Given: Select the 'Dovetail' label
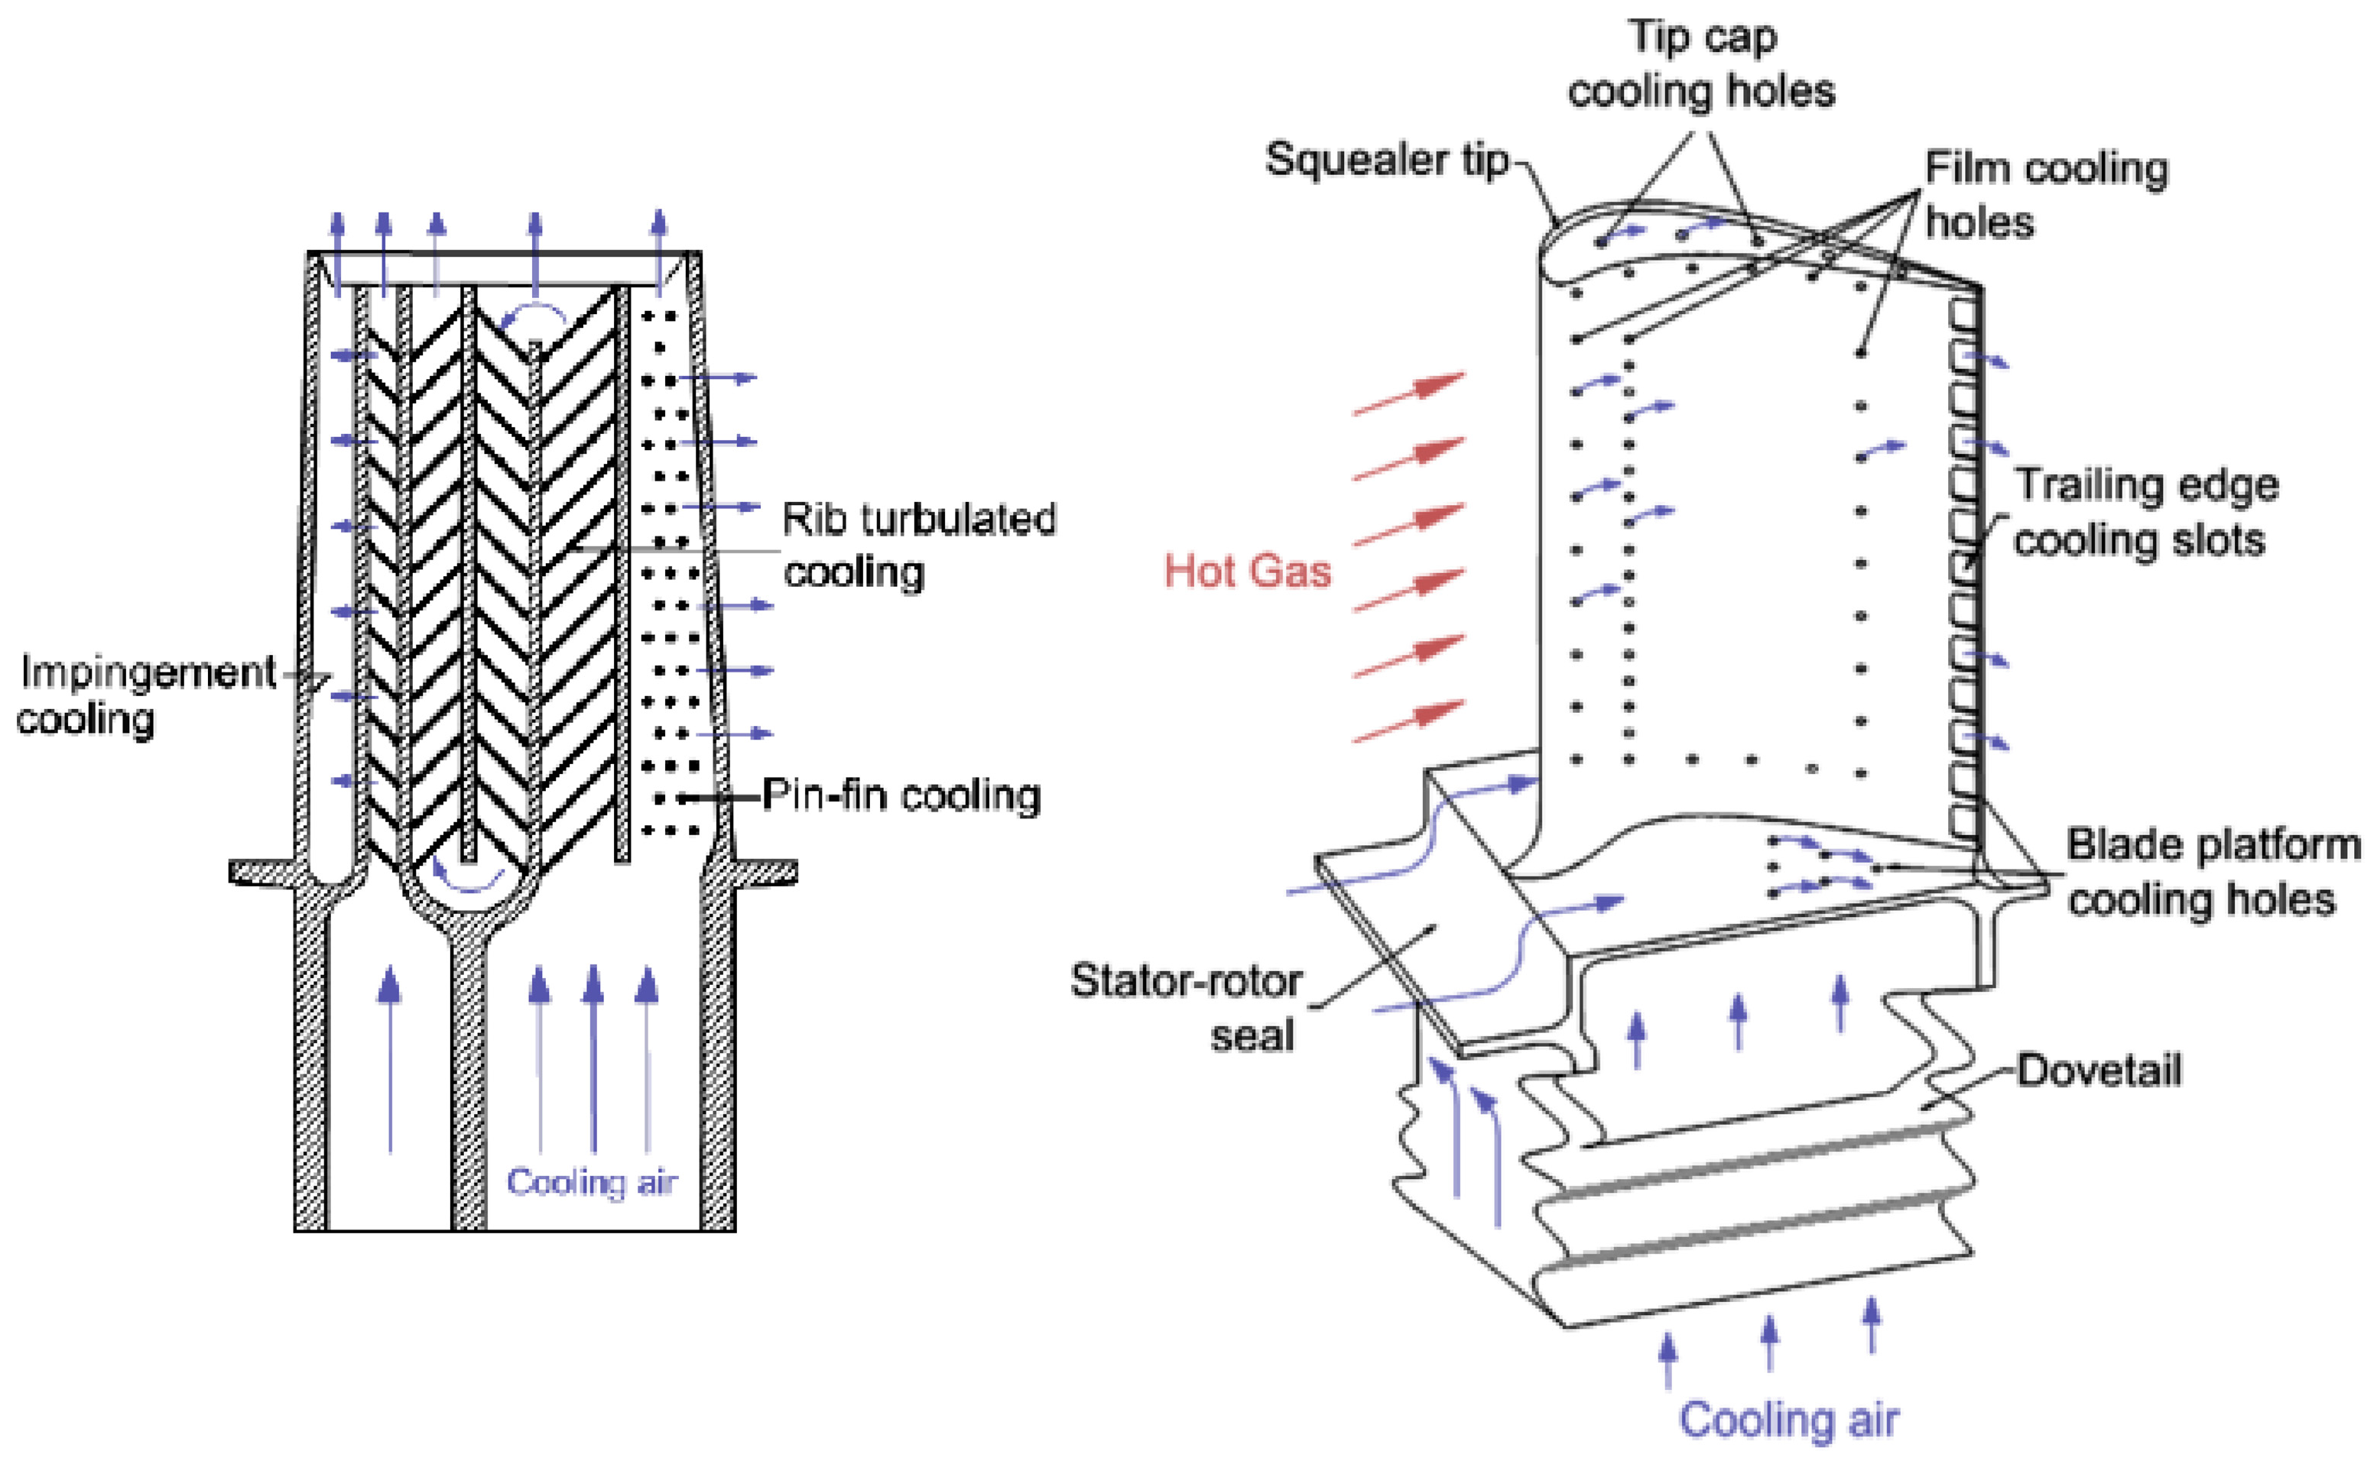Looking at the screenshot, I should click(x=2099, y=1071).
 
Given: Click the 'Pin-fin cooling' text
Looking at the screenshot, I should click(x=901, y=796).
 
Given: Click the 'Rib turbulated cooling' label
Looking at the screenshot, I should click(x=918, y=546).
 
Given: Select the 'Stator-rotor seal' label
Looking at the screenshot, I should click(x=1187, y=1008).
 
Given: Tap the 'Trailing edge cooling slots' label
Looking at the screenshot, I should click(x=2145, y=512).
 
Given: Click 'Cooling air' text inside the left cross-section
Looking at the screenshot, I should click(x=592, y=1182).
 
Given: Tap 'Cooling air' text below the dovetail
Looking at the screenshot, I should click(x=1788, y=1420).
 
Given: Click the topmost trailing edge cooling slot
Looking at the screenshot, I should click(x=1963, y=315).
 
